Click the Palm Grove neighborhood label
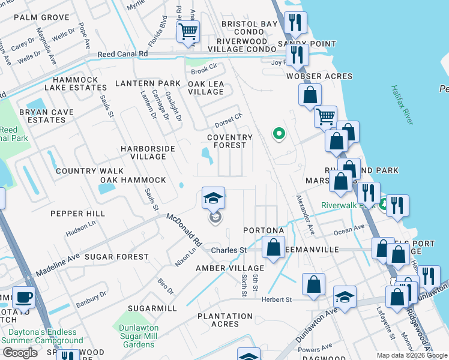41,17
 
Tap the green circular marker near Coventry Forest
278,134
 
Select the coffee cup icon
24,298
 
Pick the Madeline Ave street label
58,265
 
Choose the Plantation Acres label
224,320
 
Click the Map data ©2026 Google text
412,355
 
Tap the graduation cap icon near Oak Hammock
212,197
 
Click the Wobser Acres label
319,76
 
